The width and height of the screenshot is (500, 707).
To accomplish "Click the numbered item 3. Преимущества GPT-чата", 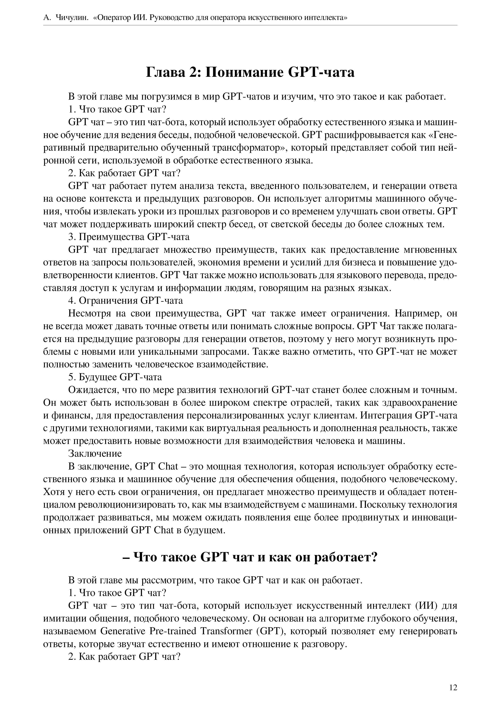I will [x=129, y=237].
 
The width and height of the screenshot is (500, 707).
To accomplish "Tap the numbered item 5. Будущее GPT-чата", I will [x=115, y=377].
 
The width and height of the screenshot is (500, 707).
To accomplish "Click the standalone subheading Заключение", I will [x=95, y=454].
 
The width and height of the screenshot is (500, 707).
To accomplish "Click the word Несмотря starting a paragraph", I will [x=89, y=313].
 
